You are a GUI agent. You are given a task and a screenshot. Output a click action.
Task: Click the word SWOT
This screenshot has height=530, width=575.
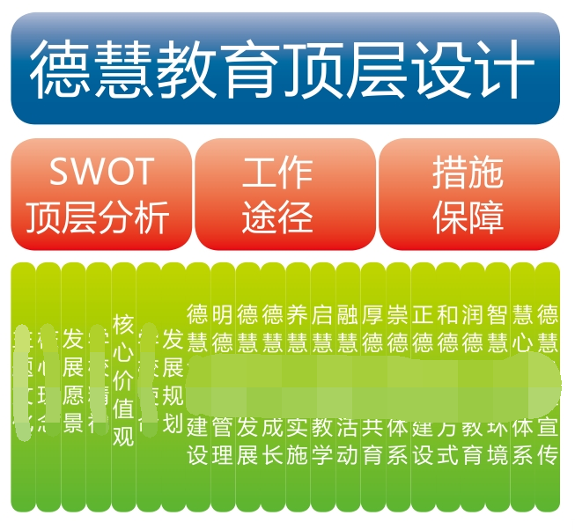tap(100, 171)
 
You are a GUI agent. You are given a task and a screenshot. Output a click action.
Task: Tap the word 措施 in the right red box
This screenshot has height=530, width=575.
tap(468, 172)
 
